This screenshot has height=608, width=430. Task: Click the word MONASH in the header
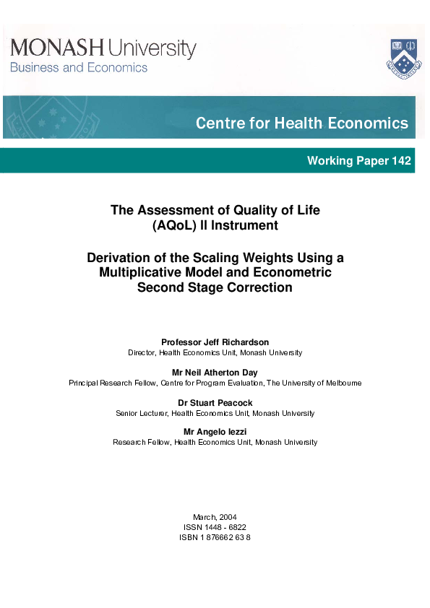57,48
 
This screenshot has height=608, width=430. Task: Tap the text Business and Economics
78,68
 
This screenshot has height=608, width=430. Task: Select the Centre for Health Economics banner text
301,123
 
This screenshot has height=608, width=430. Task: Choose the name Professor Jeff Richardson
215,342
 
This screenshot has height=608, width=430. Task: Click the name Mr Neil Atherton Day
215,372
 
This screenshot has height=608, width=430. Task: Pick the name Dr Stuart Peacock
215,402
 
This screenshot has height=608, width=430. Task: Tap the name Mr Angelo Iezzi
215,432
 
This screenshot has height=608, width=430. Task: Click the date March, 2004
215,517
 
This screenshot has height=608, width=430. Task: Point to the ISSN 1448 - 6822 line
215,527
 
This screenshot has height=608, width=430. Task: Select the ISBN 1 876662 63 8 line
215,537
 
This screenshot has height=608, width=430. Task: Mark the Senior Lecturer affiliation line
215,413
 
